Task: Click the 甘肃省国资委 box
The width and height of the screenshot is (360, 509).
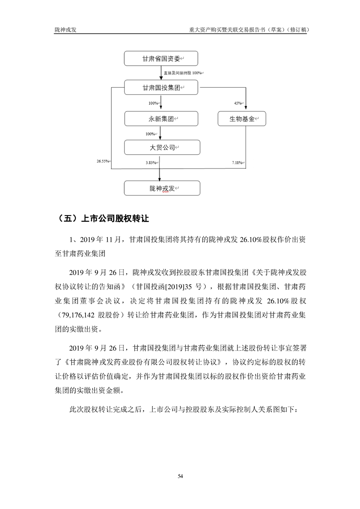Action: (x=161, y=59)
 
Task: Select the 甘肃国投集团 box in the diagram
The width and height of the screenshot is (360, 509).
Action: (x=161, y=88)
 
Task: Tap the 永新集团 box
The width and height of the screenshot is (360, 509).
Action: (x=161, y=119)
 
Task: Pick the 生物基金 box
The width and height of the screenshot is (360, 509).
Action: (x=241, y=119)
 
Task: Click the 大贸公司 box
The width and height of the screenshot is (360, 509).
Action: (x=161, y=147)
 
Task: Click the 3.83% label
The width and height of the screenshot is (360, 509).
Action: (x=151, y=162)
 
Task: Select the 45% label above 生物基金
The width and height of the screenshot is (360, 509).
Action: (x=238, y=103)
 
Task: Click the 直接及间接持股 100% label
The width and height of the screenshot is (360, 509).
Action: (x=183, y=73)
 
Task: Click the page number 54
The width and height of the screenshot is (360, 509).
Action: (x=180, y=476)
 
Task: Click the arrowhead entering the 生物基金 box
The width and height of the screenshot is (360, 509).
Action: (x=246, y=109)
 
